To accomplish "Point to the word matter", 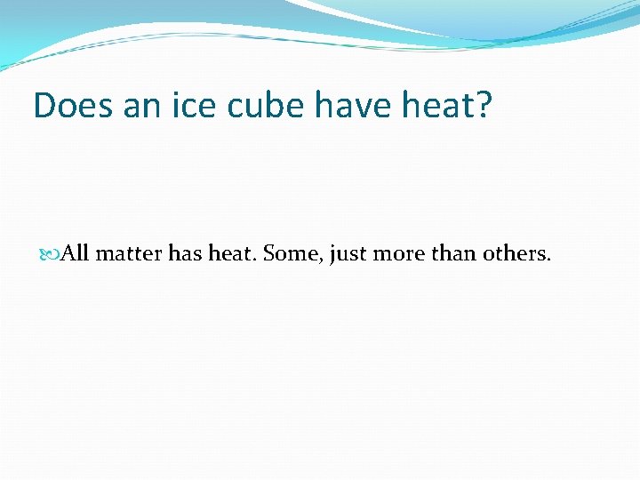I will click(129, 255).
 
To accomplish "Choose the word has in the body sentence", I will click(186, 254).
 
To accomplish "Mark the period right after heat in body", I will click(254, 260).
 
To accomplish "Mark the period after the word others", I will click(549, 260).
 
